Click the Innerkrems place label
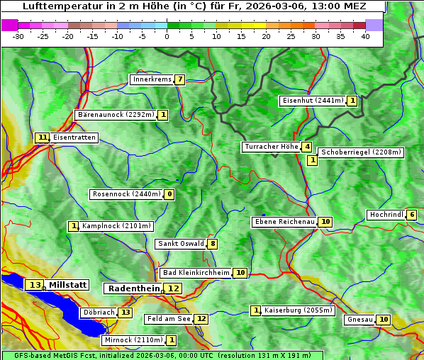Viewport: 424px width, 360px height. point(152,79)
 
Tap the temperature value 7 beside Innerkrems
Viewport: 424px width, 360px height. point(180,79)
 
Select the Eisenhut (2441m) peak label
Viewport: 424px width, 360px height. point(313,101)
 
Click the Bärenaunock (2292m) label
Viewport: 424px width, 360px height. point(115,115)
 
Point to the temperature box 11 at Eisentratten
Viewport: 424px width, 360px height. point(43,137)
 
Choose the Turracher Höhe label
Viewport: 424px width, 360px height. point(271,147)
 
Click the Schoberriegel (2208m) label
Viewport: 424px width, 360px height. point(361,152)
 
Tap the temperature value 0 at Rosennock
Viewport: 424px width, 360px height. point(169,194)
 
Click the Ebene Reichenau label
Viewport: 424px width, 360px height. point(284,222)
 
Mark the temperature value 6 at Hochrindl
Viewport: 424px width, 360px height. point(412,215)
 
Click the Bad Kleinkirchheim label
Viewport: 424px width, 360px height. point(196,273)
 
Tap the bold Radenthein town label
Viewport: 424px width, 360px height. point(133,288)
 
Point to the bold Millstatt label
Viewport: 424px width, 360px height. point(68,285)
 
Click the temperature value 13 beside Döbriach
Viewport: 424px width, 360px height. point(125,312)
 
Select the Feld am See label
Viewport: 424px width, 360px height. point(168,320)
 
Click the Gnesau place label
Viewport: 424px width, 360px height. point(359,320)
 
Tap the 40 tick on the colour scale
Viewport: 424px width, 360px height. point(365,36)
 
